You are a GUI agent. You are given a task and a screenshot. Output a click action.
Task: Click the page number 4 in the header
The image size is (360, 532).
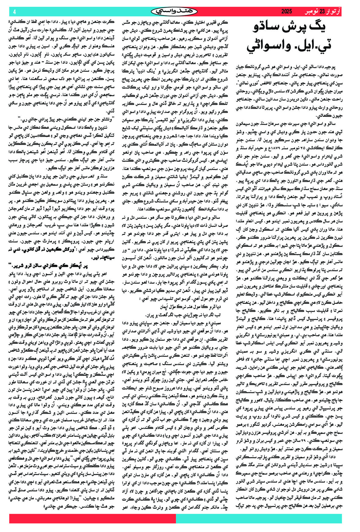[x=14, y=12]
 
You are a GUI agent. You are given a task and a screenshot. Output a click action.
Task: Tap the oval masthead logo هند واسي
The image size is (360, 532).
[x=174, y=12]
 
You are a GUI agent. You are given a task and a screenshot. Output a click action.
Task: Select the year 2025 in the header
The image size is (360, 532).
[x=286, y=12]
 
